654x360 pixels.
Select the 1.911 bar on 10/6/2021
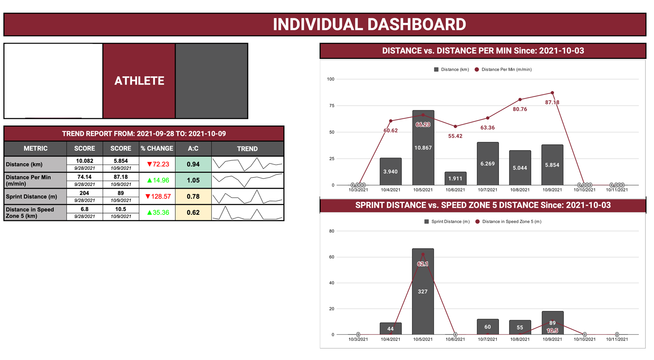pos(455,179)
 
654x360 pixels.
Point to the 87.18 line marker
pos(552,93)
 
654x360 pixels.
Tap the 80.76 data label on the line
pos(520,109)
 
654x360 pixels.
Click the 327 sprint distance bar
pos(423,291)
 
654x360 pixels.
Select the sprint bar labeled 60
pos(487,327)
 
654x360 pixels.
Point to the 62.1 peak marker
pos(423,254)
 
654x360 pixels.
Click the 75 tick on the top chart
pos(331,106)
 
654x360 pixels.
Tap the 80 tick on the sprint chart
pos(331,231)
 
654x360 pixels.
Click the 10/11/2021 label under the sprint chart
pos(617,339)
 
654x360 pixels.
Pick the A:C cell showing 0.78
pos(193,197)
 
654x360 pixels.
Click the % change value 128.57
pos(161,197)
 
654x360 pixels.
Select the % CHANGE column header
pos(157,149)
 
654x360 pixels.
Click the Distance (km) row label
pos(24,164)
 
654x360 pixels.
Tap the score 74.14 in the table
pos(84,177)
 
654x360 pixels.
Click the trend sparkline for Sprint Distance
pos(247,197)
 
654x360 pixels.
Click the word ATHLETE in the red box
pos(139,81)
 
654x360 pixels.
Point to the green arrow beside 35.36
pos(150,213)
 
